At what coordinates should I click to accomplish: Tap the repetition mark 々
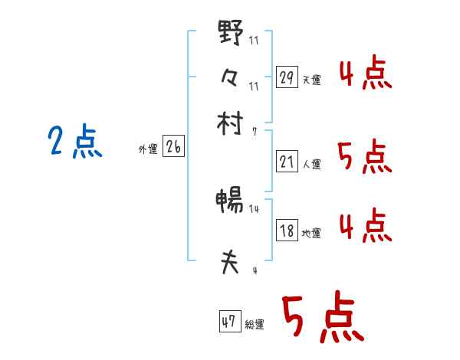coord(231,77)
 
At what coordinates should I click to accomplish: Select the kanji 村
coord(231,123)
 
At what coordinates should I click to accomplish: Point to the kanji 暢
coord(230,201)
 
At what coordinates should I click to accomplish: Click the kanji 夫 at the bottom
coord(230,263)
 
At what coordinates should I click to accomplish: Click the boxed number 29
coord(287,77)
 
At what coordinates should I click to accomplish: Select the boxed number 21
coord(287,162)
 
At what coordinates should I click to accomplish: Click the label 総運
coord(255,325)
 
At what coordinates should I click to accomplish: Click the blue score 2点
coord(74,142)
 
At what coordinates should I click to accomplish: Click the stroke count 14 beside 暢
coord(254,208)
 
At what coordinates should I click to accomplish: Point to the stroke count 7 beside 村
coord(254,131)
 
